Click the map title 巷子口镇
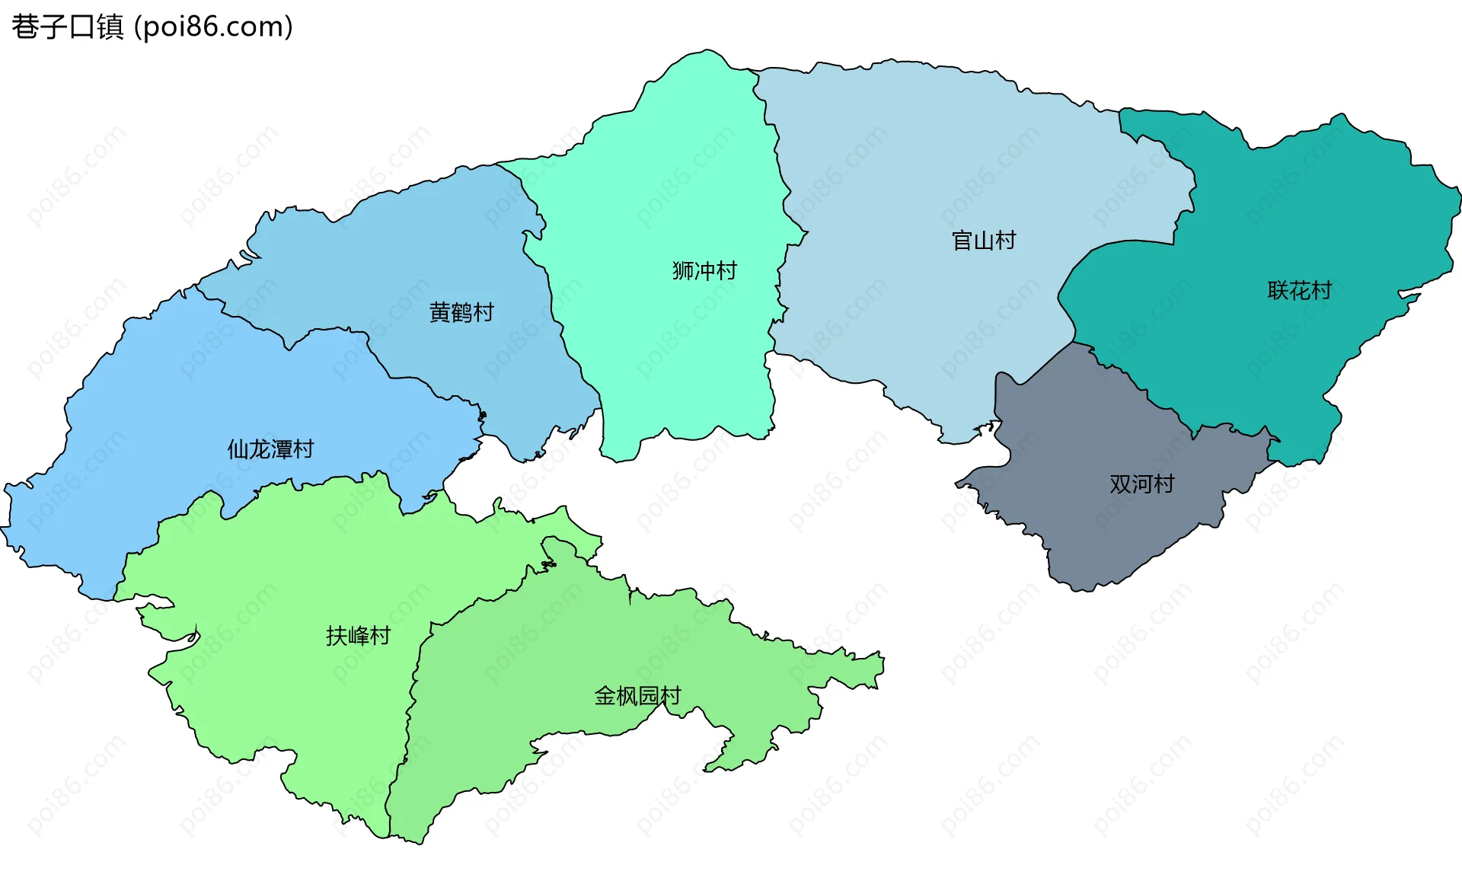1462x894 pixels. (x=67, y=27)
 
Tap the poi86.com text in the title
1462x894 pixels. (x=213, y=27)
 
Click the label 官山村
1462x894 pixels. (x=984, y=241)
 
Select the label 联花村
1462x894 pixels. (x=1299, y=290)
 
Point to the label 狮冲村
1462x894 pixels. (x=704, y=270)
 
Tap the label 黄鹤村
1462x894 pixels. (x=461, y=312)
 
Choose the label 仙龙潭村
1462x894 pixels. (x=270, y=449)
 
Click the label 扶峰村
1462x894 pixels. (x=358, y=635)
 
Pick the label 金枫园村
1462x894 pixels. (x=637, y=695)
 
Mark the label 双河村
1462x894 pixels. (x=1141, y=484)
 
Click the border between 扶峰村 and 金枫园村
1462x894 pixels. (x=412, y=685)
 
